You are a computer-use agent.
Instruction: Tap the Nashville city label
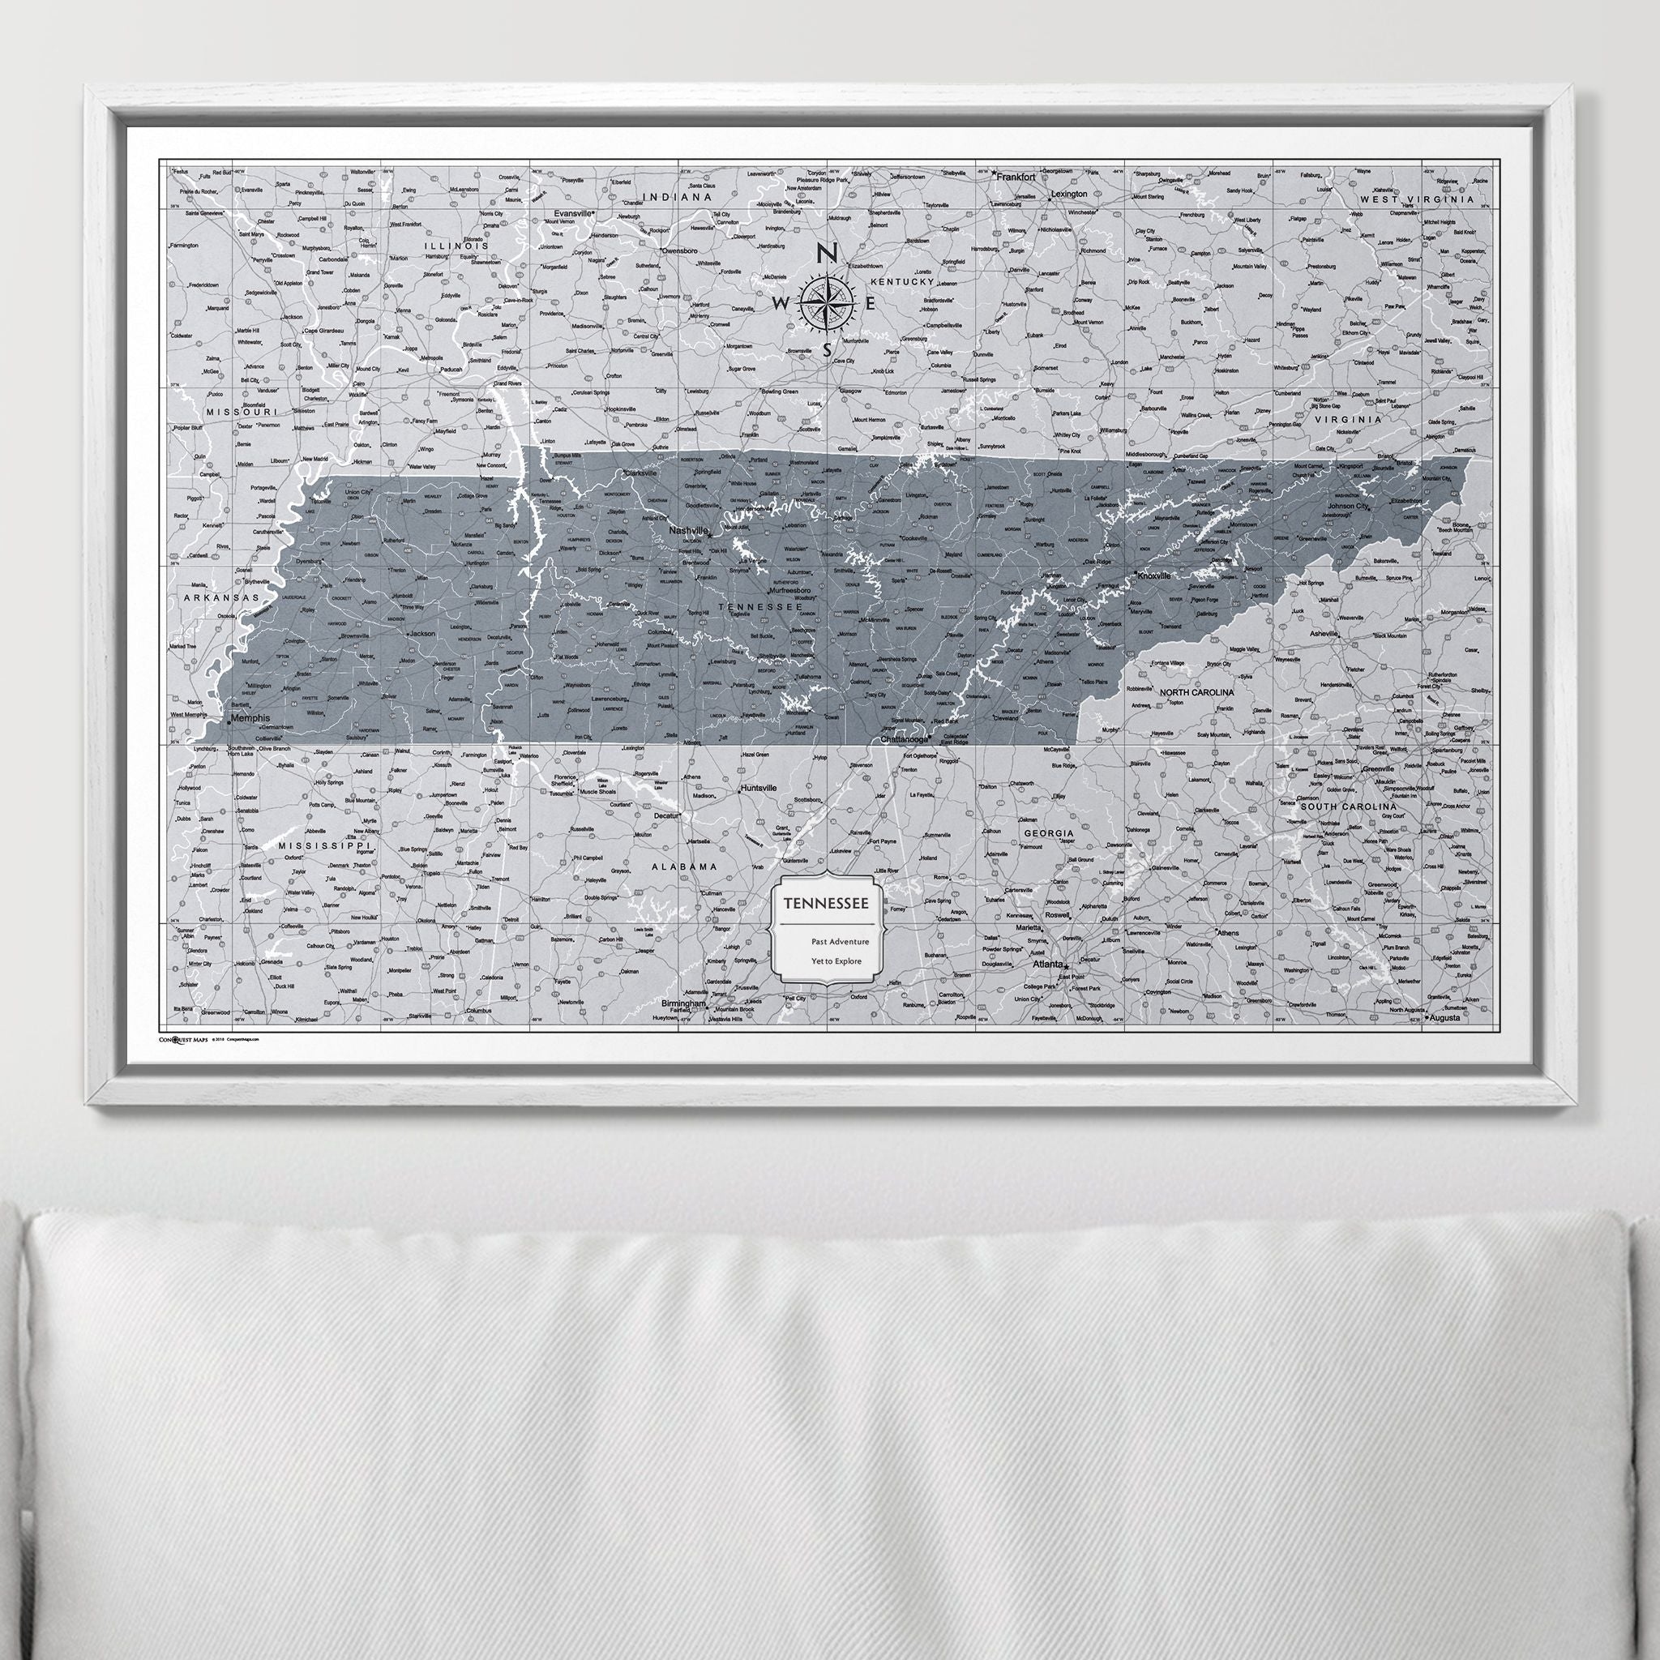tap(688, 531)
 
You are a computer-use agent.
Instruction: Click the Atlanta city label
tap(1047, 964)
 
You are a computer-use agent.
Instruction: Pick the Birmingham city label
tap(684, 1003)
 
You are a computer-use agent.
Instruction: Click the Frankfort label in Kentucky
tap(1015, 175)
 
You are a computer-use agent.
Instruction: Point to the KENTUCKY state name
tap(901, 282)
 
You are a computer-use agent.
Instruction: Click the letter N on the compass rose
tap(827, 254)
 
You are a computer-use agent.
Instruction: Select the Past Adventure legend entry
tap(840, 942)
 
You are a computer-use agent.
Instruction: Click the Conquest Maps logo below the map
tap(184, 1039)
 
